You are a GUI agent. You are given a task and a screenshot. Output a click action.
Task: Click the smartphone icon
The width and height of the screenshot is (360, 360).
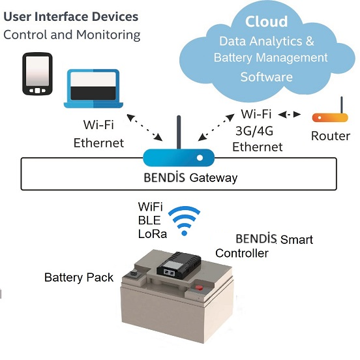[x=37, y=74]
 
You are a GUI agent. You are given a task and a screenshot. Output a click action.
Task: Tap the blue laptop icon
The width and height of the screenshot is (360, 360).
[x=93, y=89]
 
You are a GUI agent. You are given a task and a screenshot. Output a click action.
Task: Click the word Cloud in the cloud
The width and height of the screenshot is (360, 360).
[x=266, y=22]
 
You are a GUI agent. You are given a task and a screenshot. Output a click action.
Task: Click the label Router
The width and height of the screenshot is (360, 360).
[x=331, y=136]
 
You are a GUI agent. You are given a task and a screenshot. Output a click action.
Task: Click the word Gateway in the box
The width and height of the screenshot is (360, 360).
[x=213, y=178]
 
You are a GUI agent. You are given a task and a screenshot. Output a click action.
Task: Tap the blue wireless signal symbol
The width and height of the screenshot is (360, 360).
[x=185, y=221]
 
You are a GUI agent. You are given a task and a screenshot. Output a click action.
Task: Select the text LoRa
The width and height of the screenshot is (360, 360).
[x=153, y=234]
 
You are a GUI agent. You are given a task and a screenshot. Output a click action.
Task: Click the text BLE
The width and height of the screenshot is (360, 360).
[x=149, y=220]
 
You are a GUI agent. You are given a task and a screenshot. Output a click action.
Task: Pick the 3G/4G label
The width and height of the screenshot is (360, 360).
[x=254, y=131]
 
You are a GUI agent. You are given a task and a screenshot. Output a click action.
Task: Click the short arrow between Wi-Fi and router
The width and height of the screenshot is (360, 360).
[x=290, y=114]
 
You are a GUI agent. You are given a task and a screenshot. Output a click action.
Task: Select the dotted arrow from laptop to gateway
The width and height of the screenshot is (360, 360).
[x=145, y=127]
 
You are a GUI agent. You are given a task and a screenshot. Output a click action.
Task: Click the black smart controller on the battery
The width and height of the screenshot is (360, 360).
[x=179, y=263]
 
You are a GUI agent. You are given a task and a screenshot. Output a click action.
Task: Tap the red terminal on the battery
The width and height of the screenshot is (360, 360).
[x=199, y=287]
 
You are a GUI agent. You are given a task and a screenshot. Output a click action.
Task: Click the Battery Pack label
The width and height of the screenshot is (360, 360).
[x=79, y=277]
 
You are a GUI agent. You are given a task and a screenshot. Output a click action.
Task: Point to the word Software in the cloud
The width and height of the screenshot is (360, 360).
[x=266, y=77]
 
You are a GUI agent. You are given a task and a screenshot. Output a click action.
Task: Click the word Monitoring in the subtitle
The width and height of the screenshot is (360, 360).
[x=108, y=35]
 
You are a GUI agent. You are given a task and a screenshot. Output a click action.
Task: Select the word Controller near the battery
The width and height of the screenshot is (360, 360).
[x=242, y=253]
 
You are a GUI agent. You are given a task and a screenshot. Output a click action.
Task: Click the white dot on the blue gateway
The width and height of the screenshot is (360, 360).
[x=200, y=158]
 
